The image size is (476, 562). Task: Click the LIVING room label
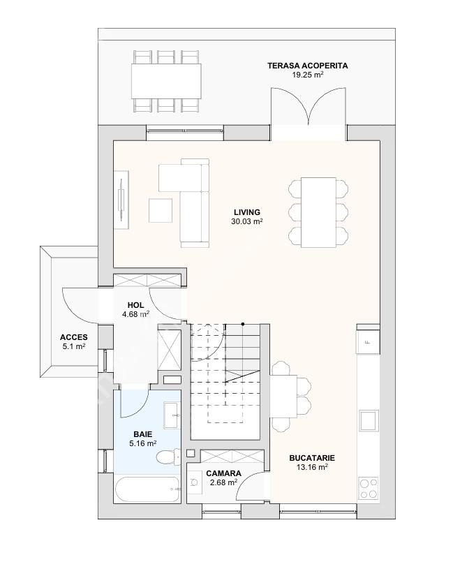(247, 212)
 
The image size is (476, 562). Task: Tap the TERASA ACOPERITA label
(308, 66)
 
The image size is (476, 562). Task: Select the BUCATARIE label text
(312, 458)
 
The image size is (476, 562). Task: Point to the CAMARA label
(223, 473)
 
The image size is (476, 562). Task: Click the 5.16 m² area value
(142, 443)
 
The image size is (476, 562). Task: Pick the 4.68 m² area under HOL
(136, 314)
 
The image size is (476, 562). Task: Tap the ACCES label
(74, 337)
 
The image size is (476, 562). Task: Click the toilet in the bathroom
(168, 457)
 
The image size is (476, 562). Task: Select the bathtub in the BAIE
(148, 489)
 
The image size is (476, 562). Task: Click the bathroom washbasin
(172, 415)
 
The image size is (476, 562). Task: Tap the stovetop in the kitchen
(369, 488)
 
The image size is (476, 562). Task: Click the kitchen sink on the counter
(369, 420)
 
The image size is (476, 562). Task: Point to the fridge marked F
(368, 342)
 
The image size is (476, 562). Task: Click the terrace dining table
(166, 81)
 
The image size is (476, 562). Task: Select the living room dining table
(318, 212)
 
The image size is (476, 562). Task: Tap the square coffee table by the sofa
(161, 210)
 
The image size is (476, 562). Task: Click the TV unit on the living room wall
(121, 199)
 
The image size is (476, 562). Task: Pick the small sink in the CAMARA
(195, 482)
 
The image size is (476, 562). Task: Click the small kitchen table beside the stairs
(283, 396)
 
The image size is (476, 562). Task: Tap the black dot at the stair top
(243, 324)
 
